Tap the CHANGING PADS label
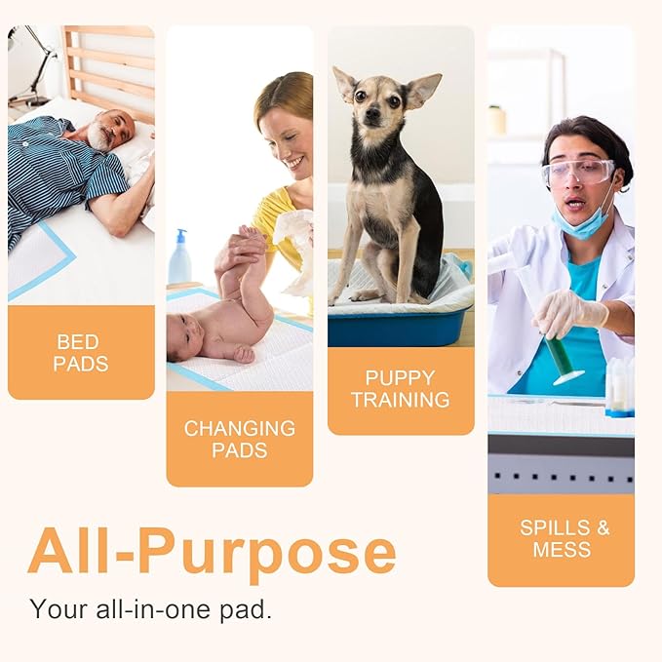(239, 439)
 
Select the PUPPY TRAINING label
(401, 388)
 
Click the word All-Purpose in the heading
(212, 552)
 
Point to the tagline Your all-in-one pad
(151, 609)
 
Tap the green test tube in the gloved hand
(563, 357)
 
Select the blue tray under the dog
(400, 327)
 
